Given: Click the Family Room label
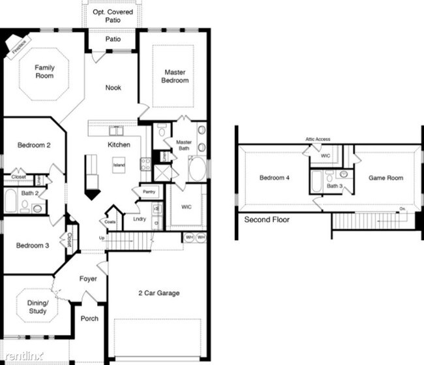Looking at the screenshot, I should tap(44, 71).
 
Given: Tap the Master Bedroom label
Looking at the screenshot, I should tap(176, 76).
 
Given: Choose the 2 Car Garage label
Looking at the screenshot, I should tap(159, 293).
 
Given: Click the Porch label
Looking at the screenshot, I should tap(89, 319).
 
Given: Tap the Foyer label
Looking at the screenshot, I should tap(88, 279).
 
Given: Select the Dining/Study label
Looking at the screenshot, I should tap(37, 308).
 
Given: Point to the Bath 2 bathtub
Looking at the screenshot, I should tap(10, 201).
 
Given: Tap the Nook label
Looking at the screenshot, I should tap(114, 87).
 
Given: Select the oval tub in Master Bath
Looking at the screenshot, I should tap(196, 168).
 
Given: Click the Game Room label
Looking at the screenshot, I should tap(386, 178).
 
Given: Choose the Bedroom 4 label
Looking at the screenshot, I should tap(275, 178).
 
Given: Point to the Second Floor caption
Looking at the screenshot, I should tap(267, 220).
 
